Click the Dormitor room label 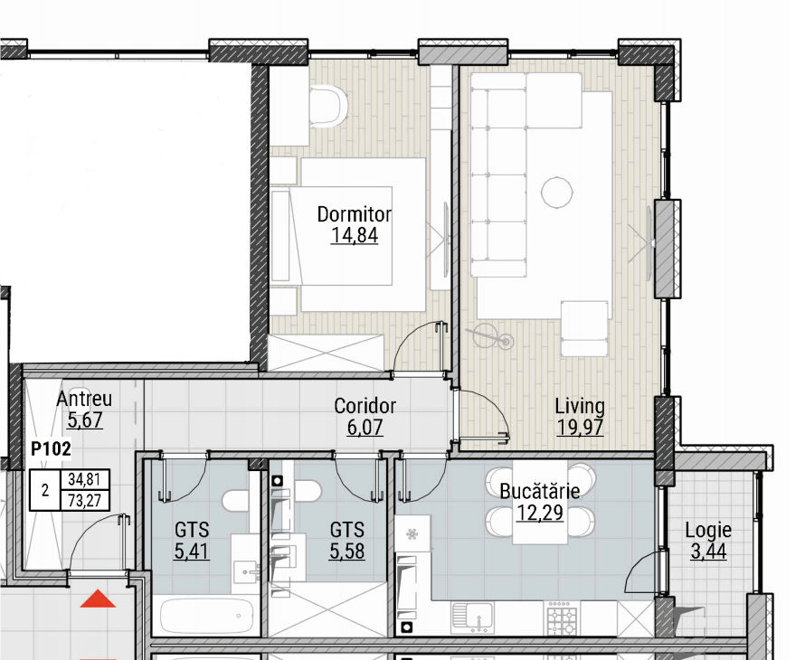tap(355, 214)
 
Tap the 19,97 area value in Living tap(580, 427)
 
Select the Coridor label tap(365, 405)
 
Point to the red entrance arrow tap(98, 599)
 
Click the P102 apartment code tap(51, 449)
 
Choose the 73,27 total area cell tap(85, 500)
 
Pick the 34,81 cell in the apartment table tap(85, 479)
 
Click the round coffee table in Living tap(556, 192)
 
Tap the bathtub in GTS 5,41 tap(207, 616)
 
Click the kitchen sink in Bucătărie tap(472, 617)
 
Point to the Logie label tap(708, 530)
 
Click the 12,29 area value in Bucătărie tap(540, 513)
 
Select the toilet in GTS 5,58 tap(306, 492)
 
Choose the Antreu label tap(84, 399)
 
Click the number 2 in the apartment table tap(45, 490)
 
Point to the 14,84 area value tap(355, 236)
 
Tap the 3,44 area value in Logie tap(708, 552)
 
